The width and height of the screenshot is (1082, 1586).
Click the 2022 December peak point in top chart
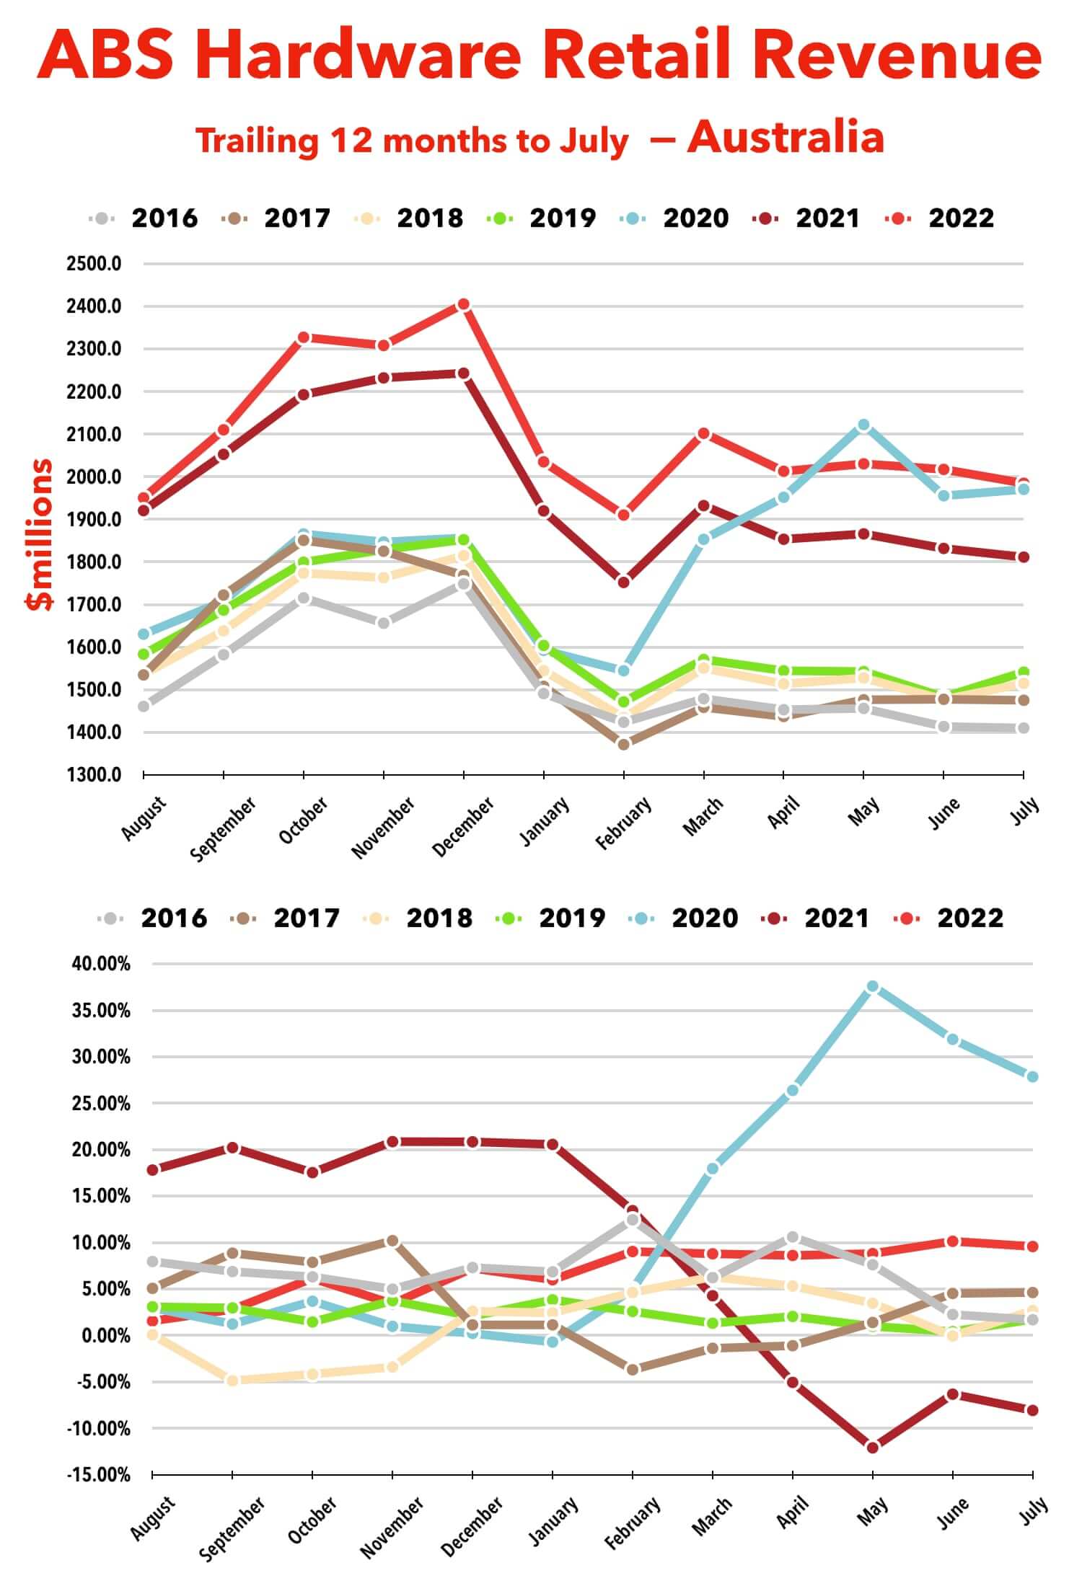click(463, 305)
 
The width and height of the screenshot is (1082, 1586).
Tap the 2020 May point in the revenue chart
click(863, 425)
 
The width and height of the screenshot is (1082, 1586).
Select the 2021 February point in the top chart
click(623, 582)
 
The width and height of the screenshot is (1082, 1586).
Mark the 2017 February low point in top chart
click(623, 744)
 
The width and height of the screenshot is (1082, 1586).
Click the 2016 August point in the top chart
click(144, 706)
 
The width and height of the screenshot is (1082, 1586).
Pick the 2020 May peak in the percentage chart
click(872, 986)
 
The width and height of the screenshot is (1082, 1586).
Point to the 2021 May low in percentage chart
click(872, 1447)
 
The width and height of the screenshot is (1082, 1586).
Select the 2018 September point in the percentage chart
click(232, 1381)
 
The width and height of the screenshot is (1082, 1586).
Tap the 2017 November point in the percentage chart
click(392, 1241)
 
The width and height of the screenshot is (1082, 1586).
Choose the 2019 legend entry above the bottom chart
click(551, 918)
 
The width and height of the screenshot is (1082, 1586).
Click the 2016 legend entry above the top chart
click(144, 218)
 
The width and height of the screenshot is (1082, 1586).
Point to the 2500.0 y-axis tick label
click(94, 264)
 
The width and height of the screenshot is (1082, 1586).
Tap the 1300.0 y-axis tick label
click(94, 775)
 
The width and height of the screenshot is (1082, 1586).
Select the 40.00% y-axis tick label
click(101, 964)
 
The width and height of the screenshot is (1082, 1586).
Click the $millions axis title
click(39, 534)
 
